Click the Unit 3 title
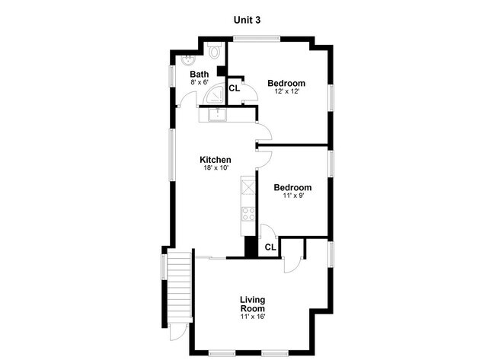coord(247,20)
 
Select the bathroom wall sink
coord(188,60)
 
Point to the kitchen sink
coord(217,114)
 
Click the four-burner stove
coord(247,214)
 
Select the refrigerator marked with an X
coord(247,187)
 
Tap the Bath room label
coord(200,74)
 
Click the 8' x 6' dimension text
coord(200,82)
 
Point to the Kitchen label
coord(216,160)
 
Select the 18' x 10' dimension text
coord(216,168)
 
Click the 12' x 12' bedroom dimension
coord(286,91)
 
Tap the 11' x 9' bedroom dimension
coord(293,196)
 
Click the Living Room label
coord(253,304)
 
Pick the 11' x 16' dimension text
coord(253,317)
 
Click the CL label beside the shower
coord(235,88)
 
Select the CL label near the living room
coord(270,247)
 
